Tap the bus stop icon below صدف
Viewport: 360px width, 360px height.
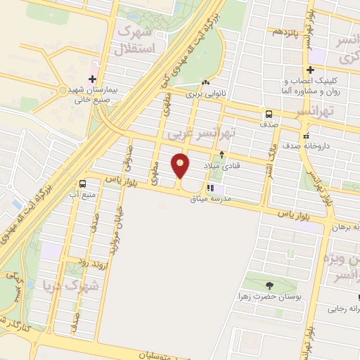pos(269,115)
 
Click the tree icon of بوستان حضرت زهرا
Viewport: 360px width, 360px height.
pos(270,285)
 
